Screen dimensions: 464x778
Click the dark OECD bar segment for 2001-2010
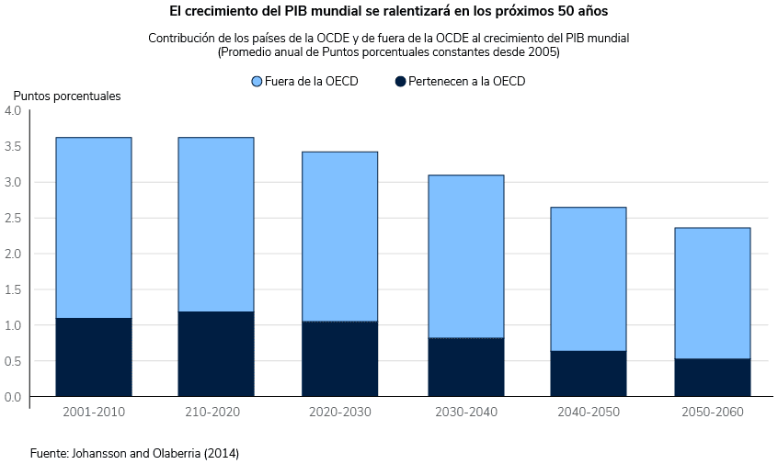point(93,357)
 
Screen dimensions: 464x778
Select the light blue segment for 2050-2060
point(712,293)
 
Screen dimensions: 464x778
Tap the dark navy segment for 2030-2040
point(464,368)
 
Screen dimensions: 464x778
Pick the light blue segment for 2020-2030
point(340,236)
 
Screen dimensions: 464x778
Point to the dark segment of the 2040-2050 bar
point(589,374)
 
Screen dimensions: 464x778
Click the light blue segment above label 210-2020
point(216,224)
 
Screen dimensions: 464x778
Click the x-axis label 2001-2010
point(94,412)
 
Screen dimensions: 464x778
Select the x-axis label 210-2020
point(216,412)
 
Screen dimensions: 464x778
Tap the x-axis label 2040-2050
point(589,412)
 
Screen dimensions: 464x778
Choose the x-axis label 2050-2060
point(713,412)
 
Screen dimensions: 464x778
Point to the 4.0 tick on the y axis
point(13,110)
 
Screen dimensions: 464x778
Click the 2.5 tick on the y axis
point(13,218)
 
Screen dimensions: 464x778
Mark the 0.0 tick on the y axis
point(13,397)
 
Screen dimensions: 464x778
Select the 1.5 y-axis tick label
point(13,289)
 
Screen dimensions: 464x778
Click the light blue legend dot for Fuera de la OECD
point(257,82)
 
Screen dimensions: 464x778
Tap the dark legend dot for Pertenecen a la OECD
point(400,82)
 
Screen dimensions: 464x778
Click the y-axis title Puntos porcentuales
point(66,96)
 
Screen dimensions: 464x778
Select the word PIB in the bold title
point(310,12)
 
